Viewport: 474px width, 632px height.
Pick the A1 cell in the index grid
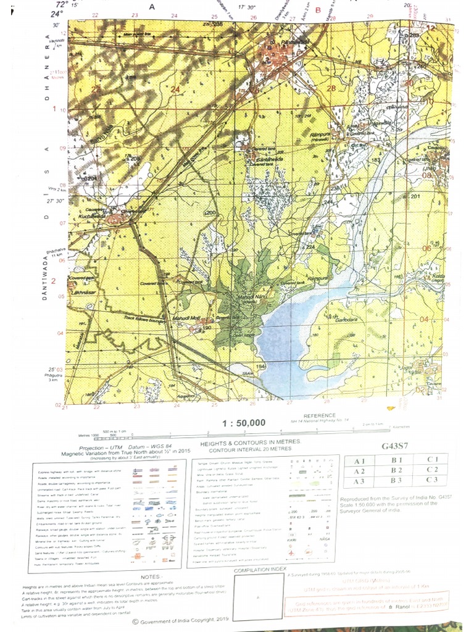coord(360,460)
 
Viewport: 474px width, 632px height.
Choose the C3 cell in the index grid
coord(433,480)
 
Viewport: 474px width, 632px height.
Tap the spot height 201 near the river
coord(415,197)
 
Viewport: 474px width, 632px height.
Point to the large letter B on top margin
coord(318,10)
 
